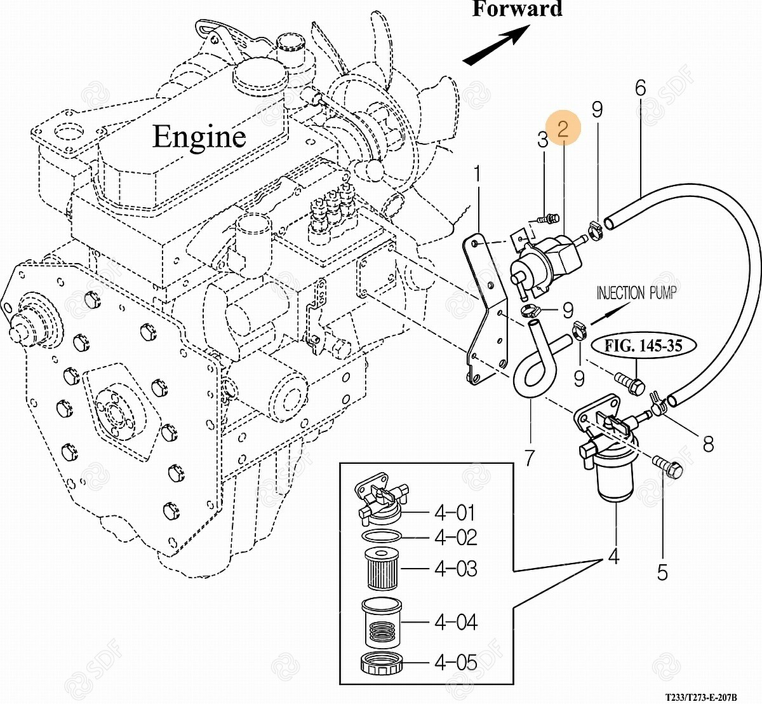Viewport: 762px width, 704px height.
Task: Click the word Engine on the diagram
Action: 199,137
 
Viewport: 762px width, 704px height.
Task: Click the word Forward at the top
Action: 518,10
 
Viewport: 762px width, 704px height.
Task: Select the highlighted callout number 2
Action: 563,130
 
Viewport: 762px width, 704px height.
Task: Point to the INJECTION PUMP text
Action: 636,293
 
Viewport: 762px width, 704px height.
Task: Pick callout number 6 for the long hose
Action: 640,88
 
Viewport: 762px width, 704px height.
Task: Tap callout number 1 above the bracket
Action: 478,173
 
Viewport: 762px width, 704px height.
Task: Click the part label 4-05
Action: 455,663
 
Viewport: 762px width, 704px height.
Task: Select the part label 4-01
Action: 455,512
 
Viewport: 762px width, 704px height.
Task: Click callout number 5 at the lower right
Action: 662,572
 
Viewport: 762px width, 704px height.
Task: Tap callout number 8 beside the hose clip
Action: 707,443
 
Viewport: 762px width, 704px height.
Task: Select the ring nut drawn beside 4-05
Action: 382,664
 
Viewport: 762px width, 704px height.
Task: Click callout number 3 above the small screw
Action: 542,140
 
